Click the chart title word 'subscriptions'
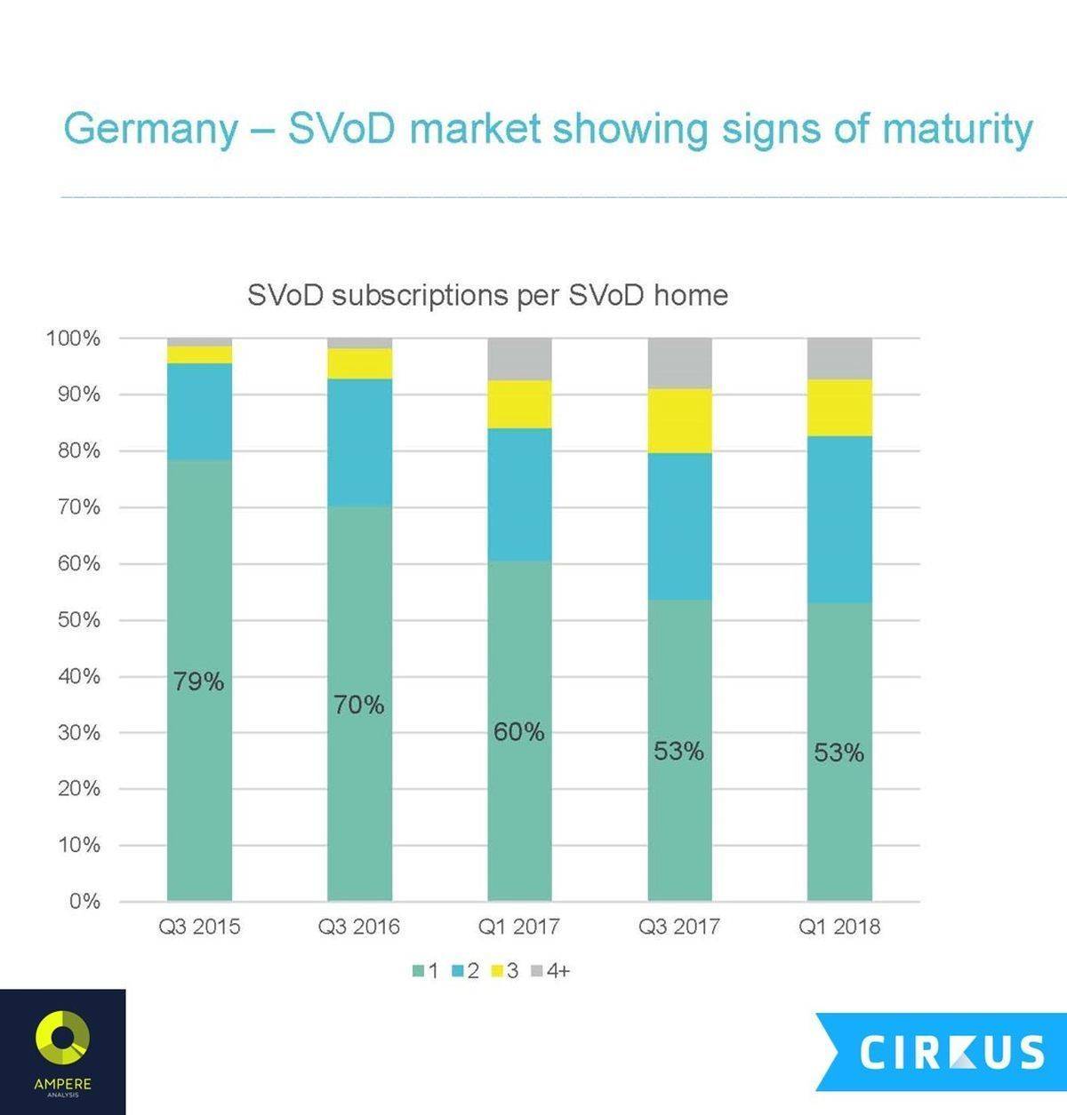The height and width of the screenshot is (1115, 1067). pos(421,296)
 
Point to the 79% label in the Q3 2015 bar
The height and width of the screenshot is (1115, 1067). pos(199,682)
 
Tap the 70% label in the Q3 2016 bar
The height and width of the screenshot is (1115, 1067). pos(359,705)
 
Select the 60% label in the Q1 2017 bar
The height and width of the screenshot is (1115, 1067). pos(519,732)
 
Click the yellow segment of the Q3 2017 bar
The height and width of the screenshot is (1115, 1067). pos(679,420)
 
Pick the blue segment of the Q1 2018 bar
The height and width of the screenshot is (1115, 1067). pos(839,519)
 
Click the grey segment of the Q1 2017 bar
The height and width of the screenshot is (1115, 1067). pos(519,359)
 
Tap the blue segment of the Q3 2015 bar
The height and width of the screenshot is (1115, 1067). pos(199,411)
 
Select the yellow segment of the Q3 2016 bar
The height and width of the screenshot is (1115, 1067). pos(359,363)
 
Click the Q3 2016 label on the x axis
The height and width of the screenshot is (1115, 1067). pos(359,928)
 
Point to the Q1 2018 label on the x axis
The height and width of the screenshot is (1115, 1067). pos(839,928)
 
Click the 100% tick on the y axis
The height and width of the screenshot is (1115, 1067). pos(73,338)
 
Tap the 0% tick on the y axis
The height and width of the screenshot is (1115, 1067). pos(84,902)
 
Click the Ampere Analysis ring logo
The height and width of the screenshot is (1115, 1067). pos(62,1039)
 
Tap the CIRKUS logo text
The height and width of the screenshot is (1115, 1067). pos(951,1052)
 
